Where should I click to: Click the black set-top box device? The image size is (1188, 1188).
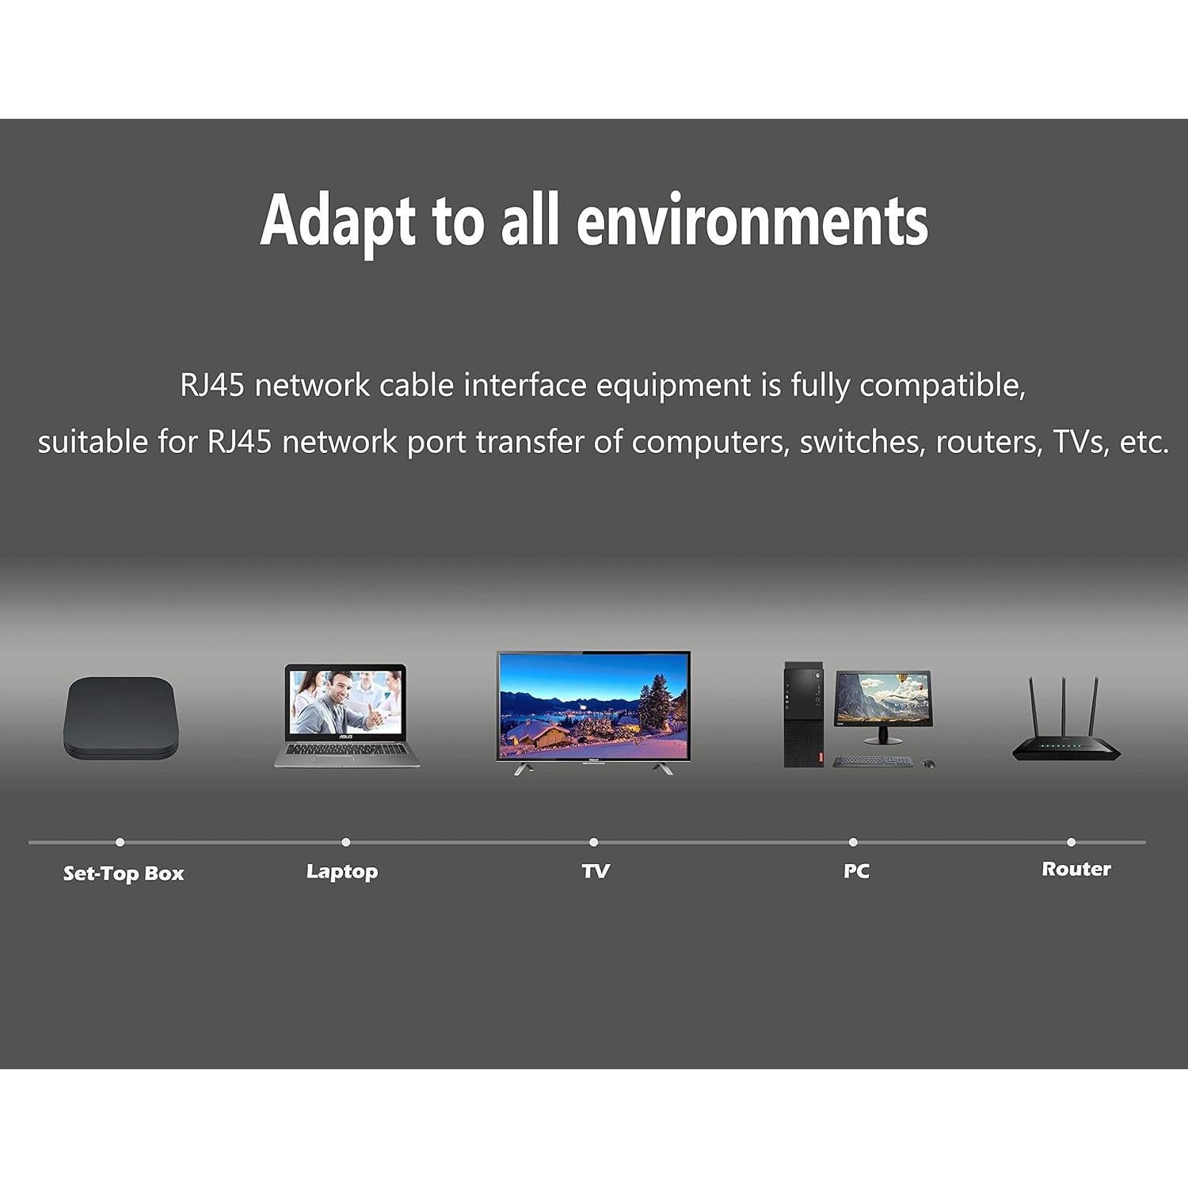point(120,717)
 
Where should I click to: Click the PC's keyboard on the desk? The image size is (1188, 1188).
point(871,761)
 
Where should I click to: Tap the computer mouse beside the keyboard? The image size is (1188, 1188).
point(927,763)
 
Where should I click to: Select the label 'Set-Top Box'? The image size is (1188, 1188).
point(124,874)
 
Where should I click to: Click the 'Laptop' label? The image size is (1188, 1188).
point(342,871)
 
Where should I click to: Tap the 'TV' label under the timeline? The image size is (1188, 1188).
point(596,871)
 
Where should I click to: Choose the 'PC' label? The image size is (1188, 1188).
point(856,871)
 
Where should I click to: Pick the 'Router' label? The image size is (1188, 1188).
point(1076,869)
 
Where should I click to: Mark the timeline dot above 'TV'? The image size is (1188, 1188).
point(593,842)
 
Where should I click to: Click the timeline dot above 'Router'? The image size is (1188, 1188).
point(1071,842)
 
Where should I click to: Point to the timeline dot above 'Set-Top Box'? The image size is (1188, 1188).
point(120,842)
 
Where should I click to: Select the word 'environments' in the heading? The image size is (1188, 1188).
point(752,222)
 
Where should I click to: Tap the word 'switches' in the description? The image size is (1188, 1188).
point(862,442)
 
